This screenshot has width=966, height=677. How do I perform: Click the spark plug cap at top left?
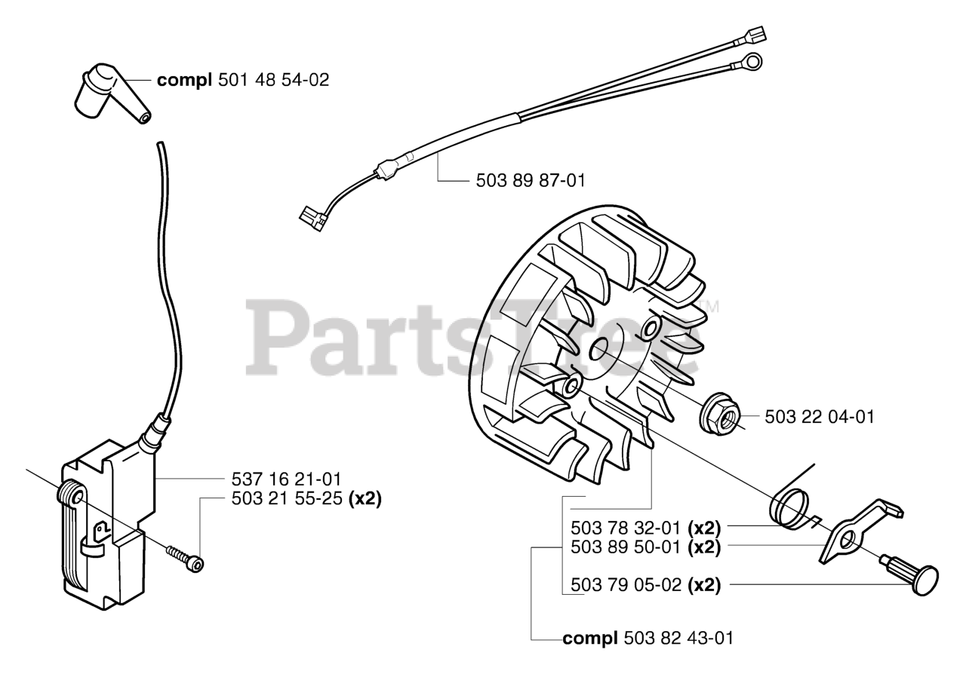(106, 94)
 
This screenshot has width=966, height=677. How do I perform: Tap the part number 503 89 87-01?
(531, 181)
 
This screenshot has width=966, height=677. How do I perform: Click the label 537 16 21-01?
(288, 479)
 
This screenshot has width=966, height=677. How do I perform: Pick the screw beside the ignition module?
(186, 556)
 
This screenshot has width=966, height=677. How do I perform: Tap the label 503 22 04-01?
(820, 417)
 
